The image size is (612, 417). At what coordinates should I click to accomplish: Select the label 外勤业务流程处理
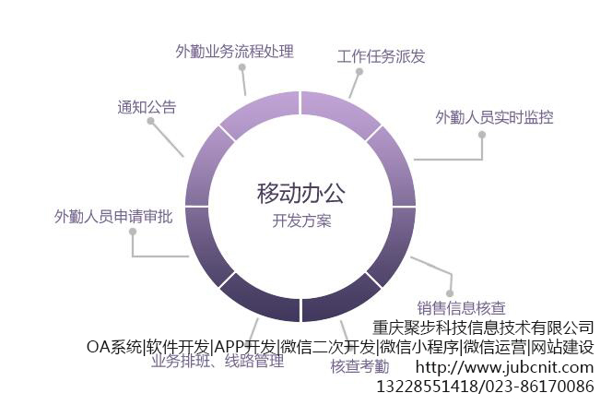(x=234, y=52)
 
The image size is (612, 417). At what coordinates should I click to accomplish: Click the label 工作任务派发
(x=382, y=56)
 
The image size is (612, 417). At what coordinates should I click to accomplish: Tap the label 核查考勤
(x=359, y=366)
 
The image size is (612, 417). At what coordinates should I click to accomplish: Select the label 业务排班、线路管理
(x=218, y=362)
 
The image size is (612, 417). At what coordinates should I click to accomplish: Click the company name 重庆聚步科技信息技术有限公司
(x=483, y=328)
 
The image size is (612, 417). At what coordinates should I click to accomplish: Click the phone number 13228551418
(x=426, y=387)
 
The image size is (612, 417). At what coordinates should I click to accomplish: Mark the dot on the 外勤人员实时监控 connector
(x=481, y=134)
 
